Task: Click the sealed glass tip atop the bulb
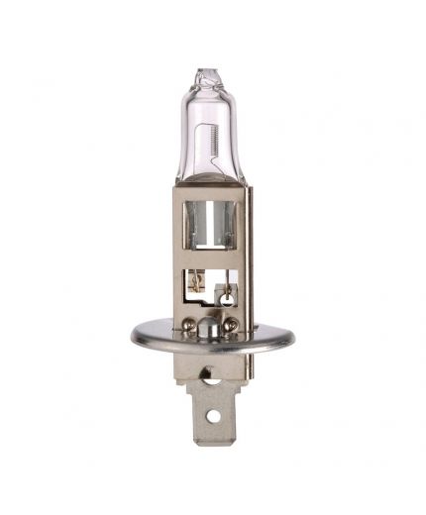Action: [209, 74]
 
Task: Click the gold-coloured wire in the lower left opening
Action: [196, 283]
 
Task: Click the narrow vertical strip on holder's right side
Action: [248, 257]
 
